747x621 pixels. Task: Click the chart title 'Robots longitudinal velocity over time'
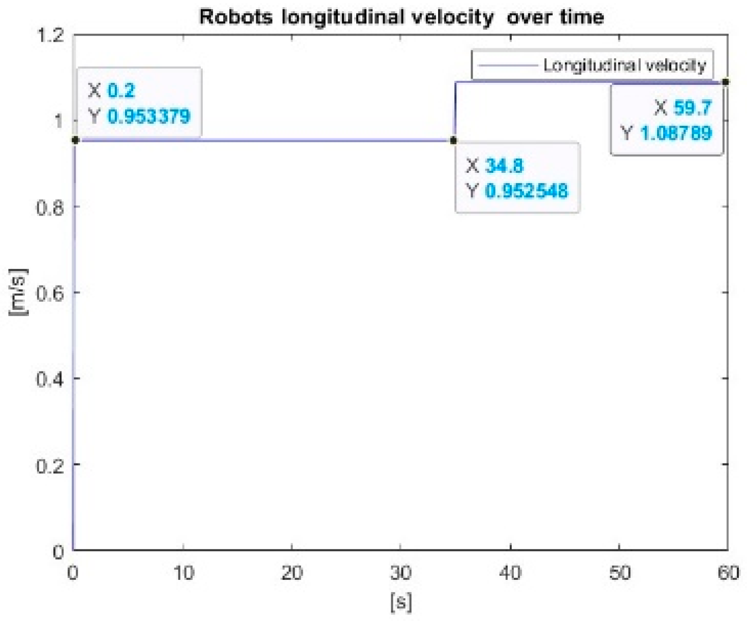point(401,17)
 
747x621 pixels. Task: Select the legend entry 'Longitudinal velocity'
point(624,65)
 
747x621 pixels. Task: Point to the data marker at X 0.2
point(76,140)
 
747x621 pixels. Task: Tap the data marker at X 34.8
point(454,140)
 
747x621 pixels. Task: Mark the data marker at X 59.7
point(726,81)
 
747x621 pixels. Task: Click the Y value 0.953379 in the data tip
point(148,116)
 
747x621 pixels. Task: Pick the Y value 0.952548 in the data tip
point(526,191)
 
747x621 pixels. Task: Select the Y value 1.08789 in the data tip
point(675,133)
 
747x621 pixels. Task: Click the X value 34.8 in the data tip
point(504,166)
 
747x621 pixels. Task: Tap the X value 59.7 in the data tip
point(692,108)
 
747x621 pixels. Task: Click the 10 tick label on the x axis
point(183,573)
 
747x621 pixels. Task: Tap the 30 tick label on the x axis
point(400,573)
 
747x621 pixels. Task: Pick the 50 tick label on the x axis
point(619,573)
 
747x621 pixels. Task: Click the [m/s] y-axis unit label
point(18,292)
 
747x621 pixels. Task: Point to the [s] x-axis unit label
point(401,603)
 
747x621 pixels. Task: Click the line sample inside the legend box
point(507,65)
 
